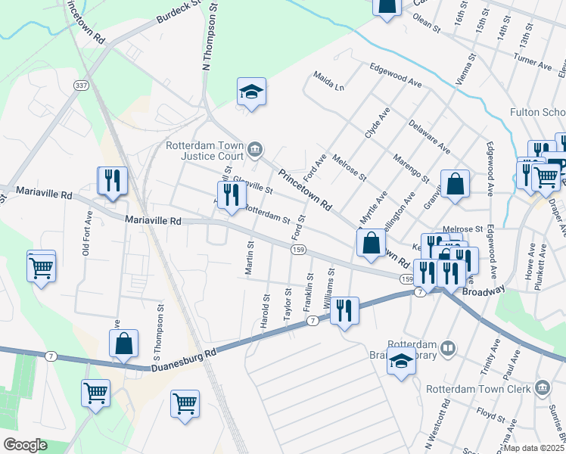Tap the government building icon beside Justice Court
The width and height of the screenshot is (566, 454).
(255, 148)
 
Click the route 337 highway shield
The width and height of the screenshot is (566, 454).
(81, 86)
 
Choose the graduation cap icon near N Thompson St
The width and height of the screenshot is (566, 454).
(251, 92)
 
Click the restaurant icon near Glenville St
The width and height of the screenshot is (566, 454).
(229, 195)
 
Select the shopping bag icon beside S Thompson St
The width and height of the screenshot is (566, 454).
(123, 344)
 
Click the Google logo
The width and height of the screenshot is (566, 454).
(25, 444)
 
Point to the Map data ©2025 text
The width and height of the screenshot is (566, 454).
(533, 448)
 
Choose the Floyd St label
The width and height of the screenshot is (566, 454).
(490, 415)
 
